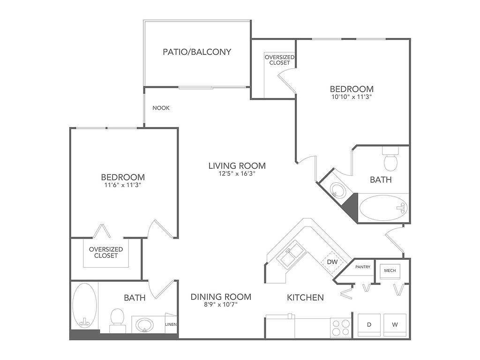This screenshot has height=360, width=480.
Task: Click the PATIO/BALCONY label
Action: [197, 52]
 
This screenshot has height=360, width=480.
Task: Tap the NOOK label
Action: [161, 108]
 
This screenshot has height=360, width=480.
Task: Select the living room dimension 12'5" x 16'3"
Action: [237, 173]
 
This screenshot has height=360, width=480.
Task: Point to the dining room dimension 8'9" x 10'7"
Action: [221, 304]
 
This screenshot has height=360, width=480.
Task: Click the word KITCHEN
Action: [305, 297]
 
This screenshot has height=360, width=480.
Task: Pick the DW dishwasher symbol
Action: [332, 262]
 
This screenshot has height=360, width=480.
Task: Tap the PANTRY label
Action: [363, 267]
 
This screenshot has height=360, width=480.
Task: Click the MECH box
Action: [390, 270]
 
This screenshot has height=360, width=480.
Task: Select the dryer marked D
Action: [369, 325]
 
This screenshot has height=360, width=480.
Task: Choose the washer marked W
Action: [395, 325]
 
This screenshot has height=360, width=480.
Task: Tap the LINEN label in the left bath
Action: [171, 324]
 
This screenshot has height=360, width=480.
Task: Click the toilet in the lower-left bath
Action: [117, 320]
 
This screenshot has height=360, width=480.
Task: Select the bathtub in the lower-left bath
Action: [84, 305]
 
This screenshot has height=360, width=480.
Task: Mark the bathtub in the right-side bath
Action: [383, 208]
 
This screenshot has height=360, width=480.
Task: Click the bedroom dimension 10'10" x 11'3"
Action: [352, 97]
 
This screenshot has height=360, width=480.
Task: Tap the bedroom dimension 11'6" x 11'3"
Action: [122, 185]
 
